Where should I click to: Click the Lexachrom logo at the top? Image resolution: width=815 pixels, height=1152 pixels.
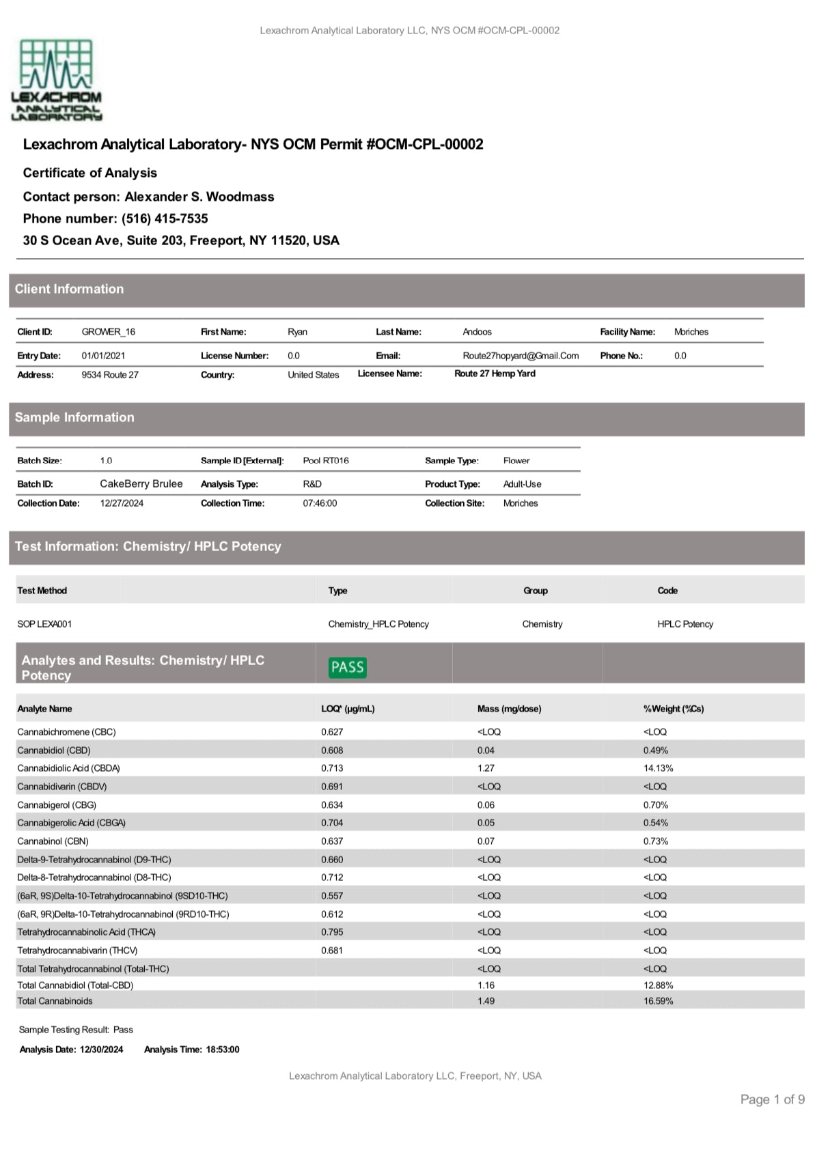pos(57,80)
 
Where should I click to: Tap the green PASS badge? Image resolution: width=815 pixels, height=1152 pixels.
pos(347,667)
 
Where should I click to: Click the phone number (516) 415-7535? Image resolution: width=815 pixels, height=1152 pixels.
pos(165,219)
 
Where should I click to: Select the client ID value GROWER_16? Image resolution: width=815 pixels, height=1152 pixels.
pos(108,332)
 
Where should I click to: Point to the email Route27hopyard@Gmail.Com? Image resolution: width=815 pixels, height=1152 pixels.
pos(520,356)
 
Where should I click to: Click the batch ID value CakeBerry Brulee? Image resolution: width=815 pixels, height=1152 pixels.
pos(141,483)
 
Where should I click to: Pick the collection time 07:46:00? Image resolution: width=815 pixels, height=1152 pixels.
pos(320,503)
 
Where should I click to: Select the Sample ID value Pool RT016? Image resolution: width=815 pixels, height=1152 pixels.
pos(325,460)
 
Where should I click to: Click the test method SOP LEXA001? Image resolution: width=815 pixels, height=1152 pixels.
pos(44,624)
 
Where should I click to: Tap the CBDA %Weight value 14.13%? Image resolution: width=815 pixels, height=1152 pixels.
pos(658,768)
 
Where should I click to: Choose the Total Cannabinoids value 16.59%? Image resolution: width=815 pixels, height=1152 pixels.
pos(658,1001)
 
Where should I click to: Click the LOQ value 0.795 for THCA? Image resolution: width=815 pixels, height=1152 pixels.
pos(332,932)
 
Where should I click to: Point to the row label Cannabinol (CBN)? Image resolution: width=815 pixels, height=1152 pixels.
pos(53,841)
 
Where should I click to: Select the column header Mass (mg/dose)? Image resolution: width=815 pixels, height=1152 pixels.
pos(509,709)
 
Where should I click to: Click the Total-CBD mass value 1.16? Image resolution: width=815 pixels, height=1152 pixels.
pos(486,985)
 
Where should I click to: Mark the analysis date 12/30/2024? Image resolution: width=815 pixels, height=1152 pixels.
pos(101,1050)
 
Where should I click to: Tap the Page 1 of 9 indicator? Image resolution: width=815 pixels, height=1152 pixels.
pos(772,1099)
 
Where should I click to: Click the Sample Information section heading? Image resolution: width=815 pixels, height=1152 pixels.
pos(74,417)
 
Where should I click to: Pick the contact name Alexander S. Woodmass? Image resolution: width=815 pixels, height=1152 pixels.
pos(199,197)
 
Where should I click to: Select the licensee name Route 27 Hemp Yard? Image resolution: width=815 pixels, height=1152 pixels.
pos(495,374)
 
